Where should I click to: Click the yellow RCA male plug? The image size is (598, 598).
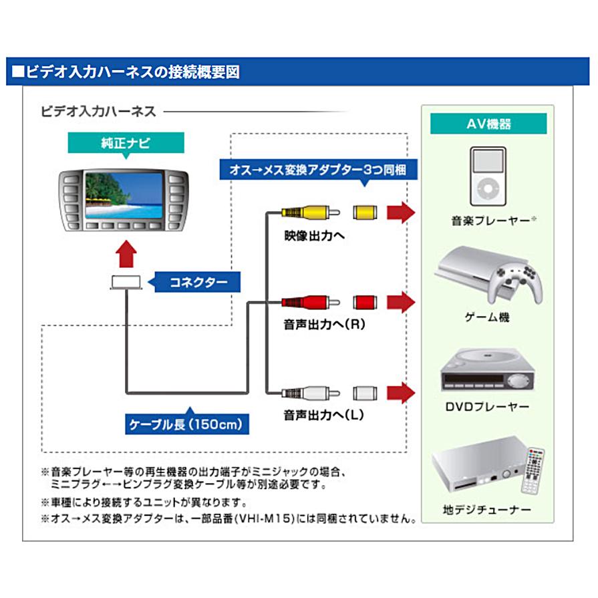304,213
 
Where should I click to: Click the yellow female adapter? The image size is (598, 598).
365,213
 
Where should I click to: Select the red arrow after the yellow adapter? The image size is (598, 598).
402,213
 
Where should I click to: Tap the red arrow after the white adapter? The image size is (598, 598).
402,392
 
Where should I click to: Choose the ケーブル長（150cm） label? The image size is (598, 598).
187,423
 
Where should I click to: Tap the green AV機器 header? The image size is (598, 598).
488,124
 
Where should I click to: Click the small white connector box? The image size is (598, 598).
126,283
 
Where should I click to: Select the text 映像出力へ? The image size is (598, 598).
313,235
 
